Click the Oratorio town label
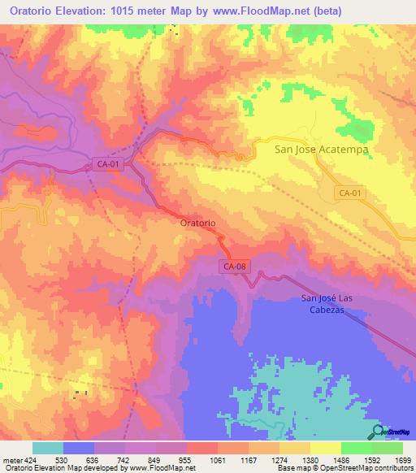pos(197,222)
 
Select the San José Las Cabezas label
pos(335,303)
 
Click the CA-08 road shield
pos(234,266)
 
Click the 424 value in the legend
pos(32,461)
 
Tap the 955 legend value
pos(186,461)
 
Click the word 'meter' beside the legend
pos(12,461)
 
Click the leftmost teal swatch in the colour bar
pos(48,448)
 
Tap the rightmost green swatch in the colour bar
pos(388,448)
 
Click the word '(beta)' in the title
pos(324,11)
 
